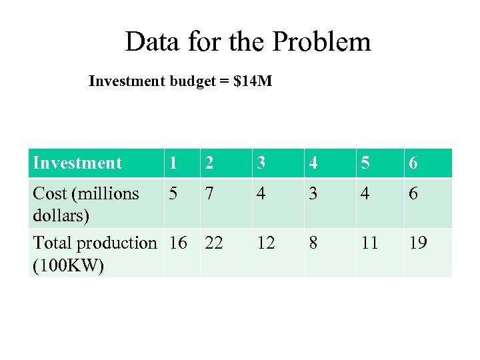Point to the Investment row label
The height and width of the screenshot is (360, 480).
pyautogui.click(x=77, y=163)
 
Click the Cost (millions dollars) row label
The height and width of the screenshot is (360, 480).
pyautogui.click(x=85, y=204)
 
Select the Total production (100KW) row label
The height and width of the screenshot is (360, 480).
pyautogui.click(x=94, y=253)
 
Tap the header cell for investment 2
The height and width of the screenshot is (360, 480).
pyautogui.click(x=210, y=163)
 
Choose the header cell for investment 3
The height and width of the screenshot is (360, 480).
pyautogui.click(x=262, y=163)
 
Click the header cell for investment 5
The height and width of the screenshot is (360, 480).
pyautogui.click(x=365, y=163)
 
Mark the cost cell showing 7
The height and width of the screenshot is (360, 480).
pyautogui.click(x=210, y=194)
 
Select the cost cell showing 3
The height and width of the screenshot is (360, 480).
pyautogui.click(x=314, y=194)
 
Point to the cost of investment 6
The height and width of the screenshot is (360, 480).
pyautogui.click(x=413, y=194)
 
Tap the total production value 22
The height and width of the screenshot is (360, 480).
pyautogui.click(x=214, y=243)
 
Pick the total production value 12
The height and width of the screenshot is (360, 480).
pyautogui.click(x=266, y=243)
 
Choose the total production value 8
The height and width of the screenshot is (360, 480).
pyautogui.click(x=314, y=243)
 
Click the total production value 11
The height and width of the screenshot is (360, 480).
pyautogui.click(x=369, y=243)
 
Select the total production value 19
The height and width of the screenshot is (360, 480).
pyautogui.click(x=418, y=243)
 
